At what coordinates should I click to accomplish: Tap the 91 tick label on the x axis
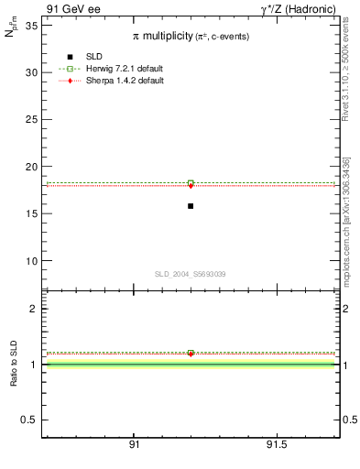[x=134, y=444]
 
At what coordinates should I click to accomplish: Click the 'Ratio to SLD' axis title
[x=15, y=365]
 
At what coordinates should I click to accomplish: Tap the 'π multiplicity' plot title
[x=190, y=35]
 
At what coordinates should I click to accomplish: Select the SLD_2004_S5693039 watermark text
[x=190, y=274]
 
